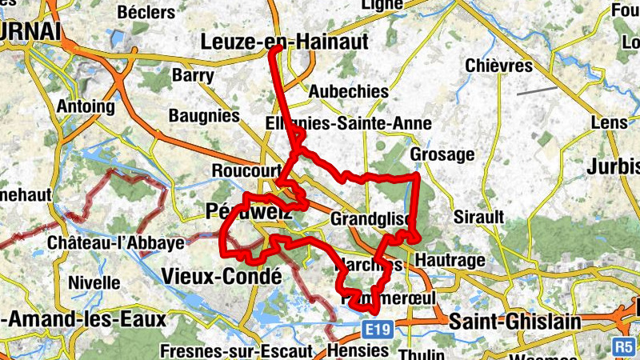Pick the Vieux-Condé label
(222, 276)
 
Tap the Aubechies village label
(349, 90)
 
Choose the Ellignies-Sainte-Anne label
(348, 123)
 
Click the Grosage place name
(442, 154)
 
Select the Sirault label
(478, 217)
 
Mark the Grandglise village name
(370, 218)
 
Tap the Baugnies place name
(204, 116)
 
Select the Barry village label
(193, 75)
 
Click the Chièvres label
(498, 66)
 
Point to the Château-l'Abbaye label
(116, 242)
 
